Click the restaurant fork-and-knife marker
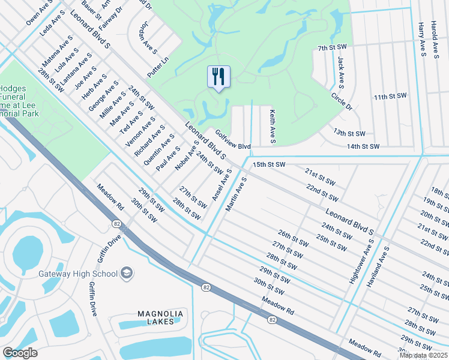coord(218,77)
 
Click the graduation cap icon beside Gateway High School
coord(127,274)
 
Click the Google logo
coord(20,353)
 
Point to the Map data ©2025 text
coord(424,355)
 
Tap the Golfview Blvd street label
coord(232,142)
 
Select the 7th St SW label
coord(333,47)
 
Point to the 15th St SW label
coord(268,164)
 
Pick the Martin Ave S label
coord(236,194)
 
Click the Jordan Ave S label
coord(147,40)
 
